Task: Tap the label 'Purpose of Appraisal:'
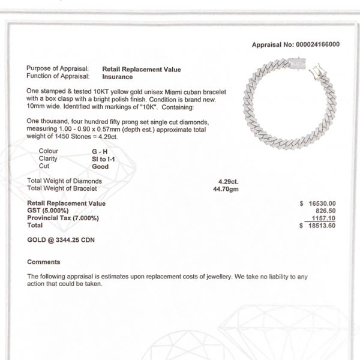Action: [x=58, y=70]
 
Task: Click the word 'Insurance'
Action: [x=118, y=76]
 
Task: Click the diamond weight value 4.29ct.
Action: [x=230, y=181]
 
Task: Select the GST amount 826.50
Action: [x=325, y=211]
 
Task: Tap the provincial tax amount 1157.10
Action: [x=324, y=218]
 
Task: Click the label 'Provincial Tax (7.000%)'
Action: [x=63, y=218]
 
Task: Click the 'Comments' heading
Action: [x=44, y=262]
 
